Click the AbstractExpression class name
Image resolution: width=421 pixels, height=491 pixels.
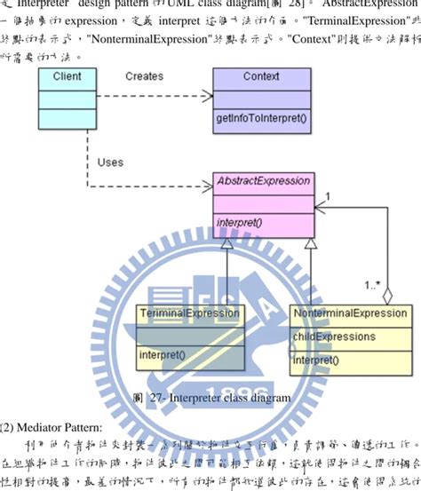(x=264, y=181)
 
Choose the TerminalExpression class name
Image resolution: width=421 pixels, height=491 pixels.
(x=189, y=313)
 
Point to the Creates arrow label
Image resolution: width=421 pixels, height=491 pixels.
(x=144, y=76)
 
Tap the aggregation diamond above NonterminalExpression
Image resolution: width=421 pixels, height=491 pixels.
(x=385, y=294)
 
